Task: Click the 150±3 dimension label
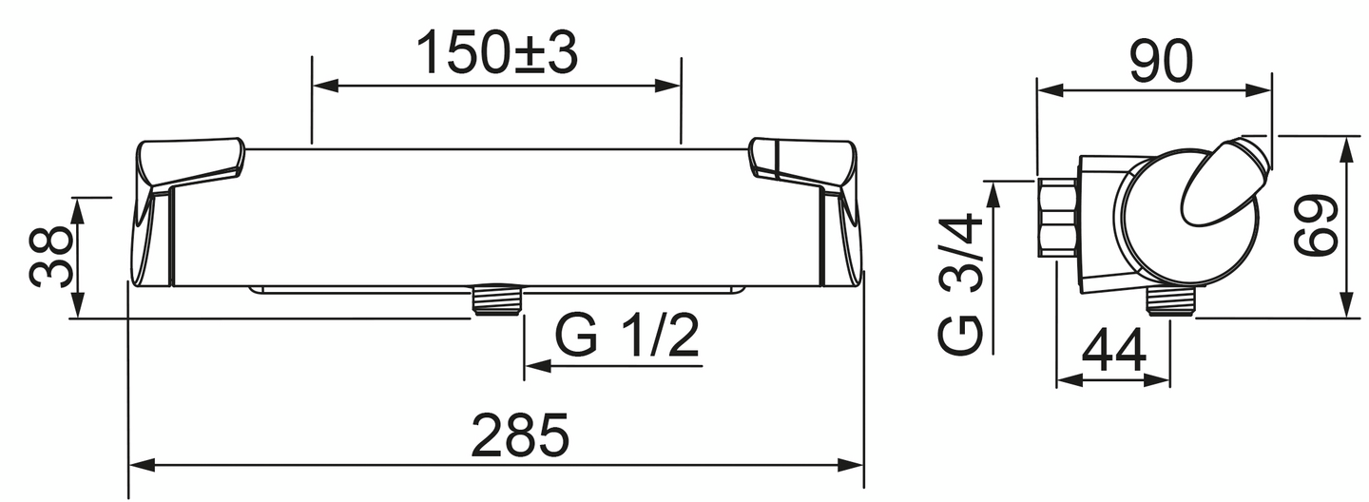(497, 55)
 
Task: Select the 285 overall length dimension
(522, 435)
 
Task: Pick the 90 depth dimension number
(1160, 63)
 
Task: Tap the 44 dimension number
(1113, 352)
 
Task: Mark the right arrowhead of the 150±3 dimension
(669, 86)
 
